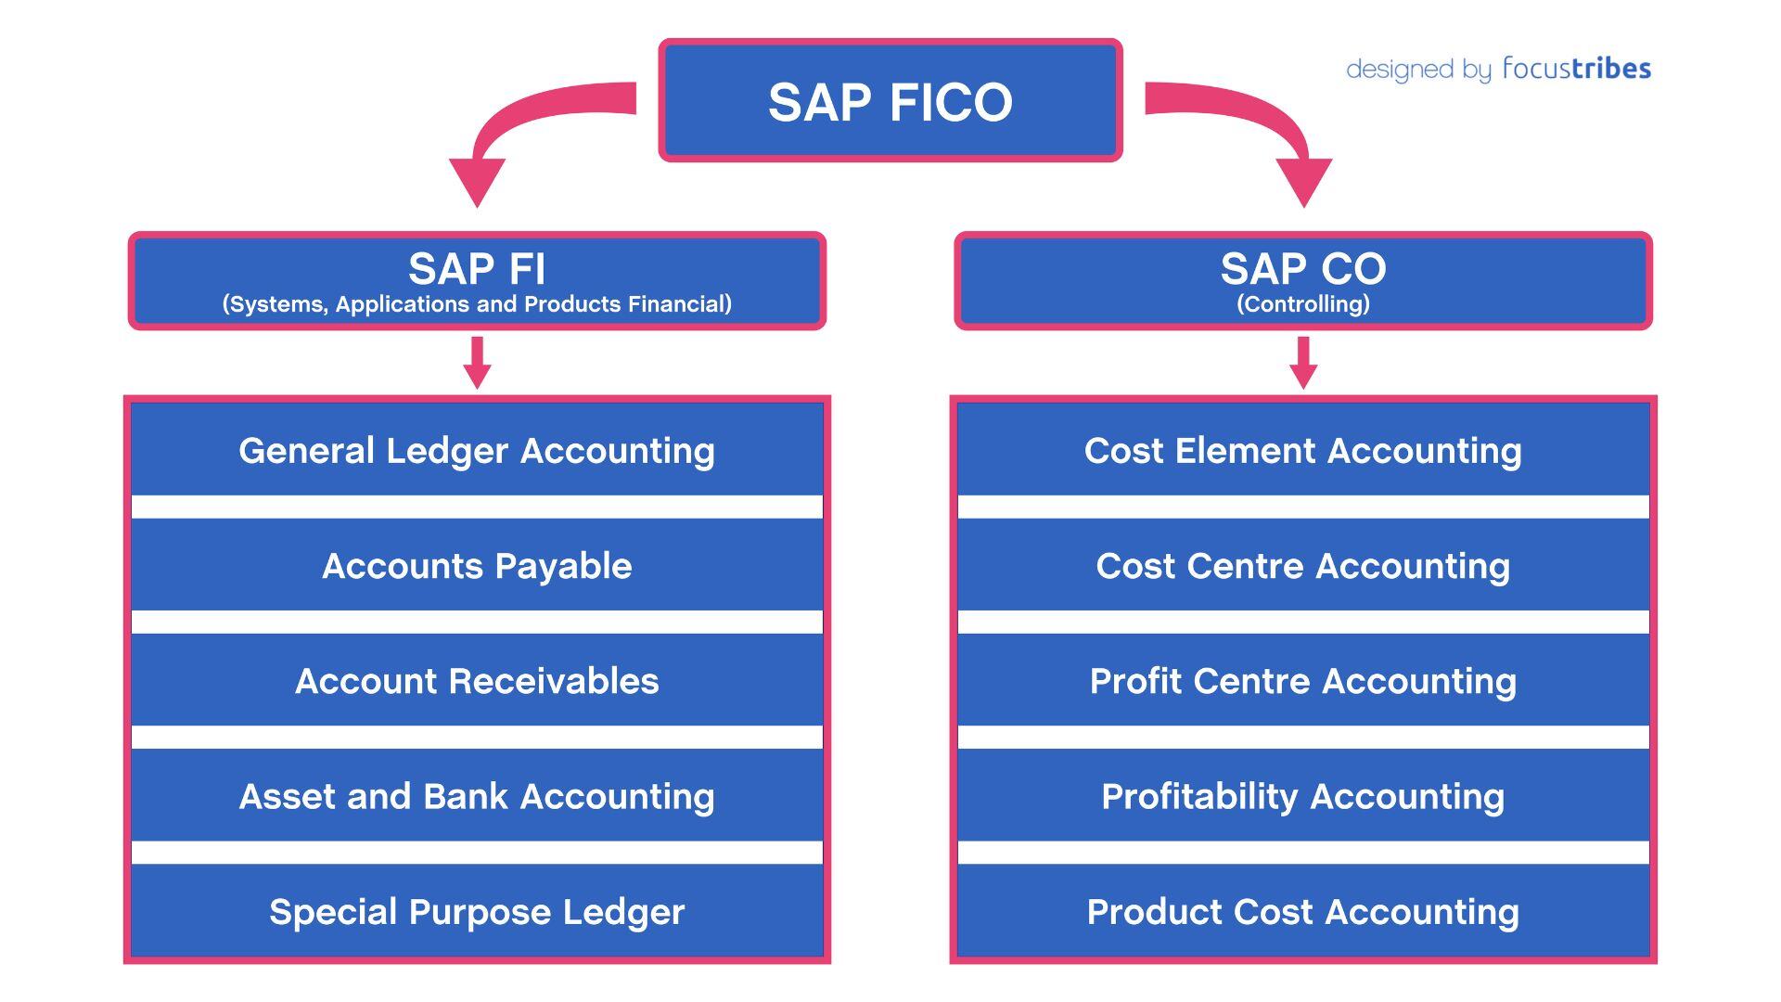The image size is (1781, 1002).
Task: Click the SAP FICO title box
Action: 890,101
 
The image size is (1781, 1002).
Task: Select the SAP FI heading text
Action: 477,269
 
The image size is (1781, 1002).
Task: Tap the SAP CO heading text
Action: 1302,269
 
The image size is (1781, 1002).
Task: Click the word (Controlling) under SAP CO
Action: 1302,304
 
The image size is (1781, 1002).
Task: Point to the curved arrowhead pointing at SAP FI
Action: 477,181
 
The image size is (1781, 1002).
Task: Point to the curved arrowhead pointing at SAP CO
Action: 1303,181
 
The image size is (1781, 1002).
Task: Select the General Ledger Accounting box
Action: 477,450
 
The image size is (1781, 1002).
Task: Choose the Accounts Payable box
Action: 477,565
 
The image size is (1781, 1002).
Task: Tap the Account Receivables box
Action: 477,680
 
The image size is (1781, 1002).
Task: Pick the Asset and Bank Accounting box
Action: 477,795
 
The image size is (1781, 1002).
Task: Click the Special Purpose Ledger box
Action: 477,910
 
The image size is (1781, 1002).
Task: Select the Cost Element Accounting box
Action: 1302,450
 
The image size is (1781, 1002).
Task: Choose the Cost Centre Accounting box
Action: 1302,565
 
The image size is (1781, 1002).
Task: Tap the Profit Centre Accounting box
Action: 1302,680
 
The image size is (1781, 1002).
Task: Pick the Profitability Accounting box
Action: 1302,795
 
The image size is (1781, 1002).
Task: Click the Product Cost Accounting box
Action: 1302,910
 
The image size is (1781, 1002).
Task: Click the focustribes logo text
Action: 1576,69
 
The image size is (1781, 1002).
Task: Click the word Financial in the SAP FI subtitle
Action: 679,304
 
